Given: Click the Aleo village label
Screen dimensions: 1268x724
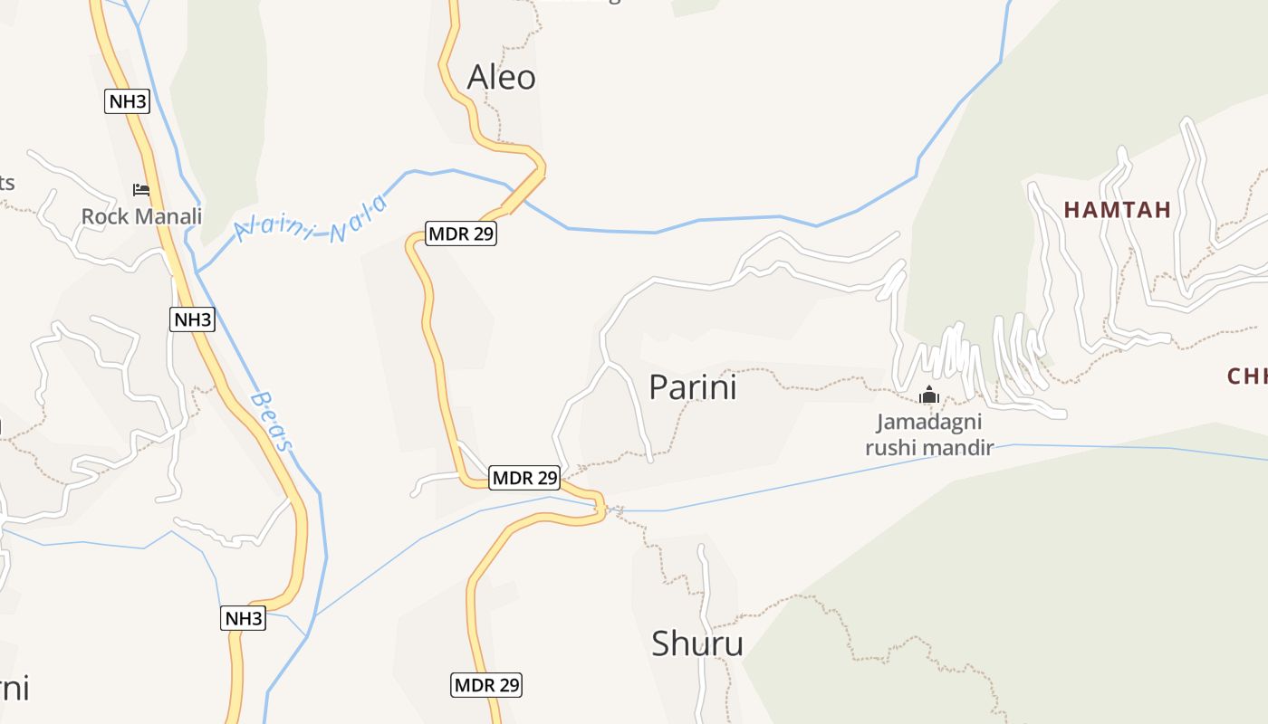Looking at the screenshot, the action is (501, 78).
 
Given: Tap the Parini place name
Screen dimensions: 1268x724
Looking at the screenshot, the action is (693, 387).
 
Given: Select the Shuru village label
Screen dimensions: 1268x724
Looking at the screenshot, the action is (697, 643).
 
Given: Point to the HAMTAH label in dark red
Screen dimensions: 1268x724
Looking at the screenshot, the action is (1118, 210).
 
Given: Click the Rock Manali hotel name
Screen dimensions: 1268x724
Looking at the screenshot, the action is (141, 216).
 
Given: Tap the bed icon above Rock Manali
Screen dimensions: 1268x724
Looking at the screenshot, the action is (141, 190).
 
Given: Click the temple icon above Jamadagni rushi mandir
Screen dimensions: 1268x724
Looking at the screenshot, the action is (928, 395).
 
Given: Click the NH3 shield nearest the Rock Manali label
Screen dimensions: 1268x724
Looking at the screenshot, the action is (128, 101).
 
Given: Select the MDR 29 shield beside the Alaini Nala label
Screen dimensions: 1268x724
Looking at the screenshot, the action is (461, 233).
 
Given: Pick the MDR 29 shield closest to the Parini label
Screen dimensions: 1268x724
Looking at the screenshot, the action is (524, 477).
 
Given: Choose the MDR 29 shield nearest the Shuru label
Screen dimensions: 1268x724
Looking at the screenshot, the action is (486, 685).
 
